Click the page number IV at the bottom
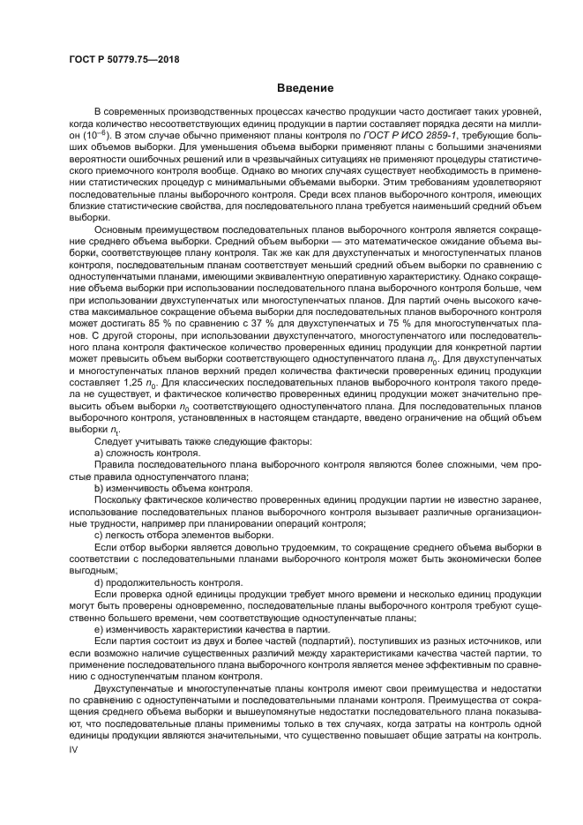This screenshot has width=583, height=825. point(74,747)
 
